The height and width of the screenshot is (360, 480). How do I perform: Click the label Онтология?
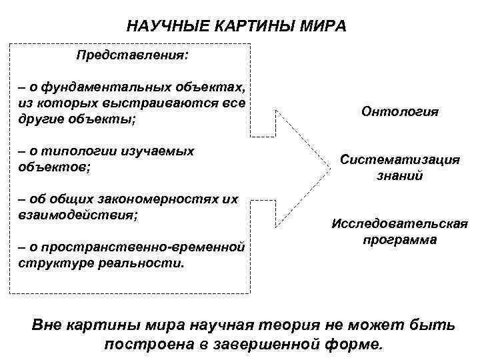400,111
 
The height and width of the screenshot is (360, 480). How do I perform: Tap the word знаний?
399,176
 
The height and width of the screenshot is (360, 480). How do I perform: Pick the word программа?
399,239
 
